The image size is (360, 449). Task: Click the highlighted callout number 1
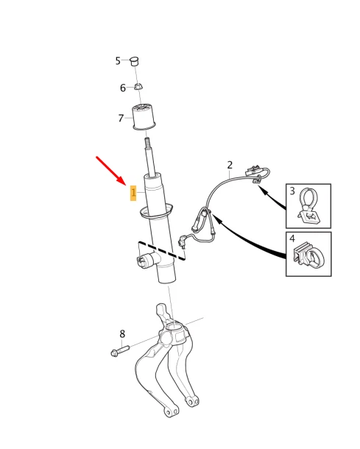[133, 193]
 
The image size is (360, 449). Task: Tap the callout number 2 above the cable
[230, 165]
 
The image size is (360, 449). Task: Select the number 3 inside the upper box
[292, 191]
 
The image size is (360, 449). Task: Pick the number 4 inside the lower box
[292, 238]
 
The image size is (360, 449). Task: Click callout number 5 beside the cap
[118, 60]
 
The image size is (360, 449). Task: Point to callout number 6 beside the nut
[123, 88]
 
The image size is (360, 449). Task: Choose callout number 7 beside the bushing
[121, 119]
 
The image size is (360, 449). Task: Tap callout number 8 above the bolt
[122, 334]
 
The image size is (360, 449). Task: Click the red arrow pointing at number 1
[111, 170]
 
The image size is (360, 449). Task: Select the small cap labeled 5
[134, 61]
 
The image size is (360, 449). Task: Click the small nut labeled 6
[138, 86]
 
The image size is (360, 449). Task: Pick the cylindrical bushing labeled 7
[144, 117]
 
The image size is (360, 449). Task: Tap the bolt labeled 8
[120, 351]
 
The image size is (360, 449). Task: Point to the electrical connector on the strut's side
[144, 261]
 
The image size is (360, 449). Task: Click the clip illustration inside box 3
[309, 207]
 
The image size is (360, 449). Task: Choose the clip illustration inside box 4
[309, 255]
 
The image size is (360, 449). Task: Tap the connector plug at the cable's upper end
[251, 171]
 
